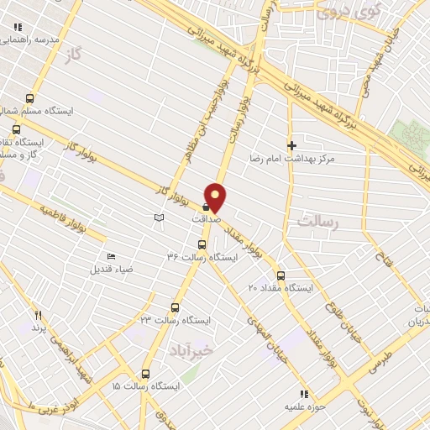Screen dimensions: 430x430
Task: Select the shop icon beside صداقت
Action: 206,205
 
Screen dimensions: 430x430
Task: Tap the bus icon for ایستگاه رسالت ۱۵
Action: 145,375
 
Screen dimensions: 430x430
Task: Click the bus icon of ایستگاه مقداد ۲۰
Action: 281,275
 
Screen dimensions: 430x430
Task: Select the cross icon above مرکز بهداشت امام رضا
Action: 291,145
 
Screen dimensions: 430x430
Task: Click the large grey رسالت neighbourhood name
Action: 317,221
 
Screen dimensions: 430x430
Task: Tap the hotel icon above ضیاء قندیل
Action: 112,257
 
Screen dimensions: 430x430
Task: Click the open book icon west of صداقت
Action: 159,218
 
